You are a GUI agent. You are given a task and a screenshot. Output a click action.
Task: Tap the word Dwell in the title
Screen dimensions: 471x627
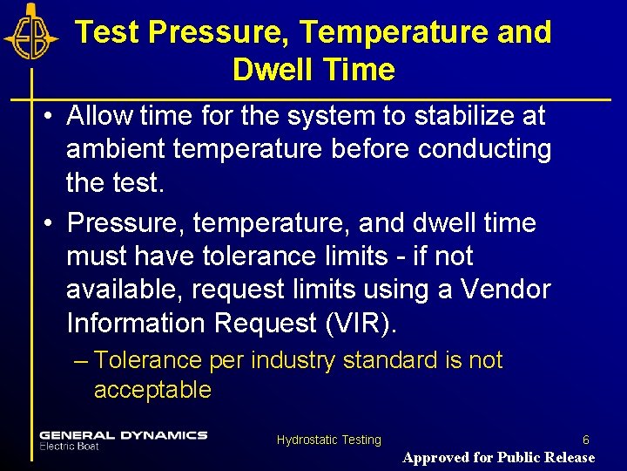[271, 70]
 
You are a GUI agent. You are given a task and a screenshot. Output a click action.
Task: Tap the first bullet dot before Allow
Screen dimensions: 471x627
[51, 116]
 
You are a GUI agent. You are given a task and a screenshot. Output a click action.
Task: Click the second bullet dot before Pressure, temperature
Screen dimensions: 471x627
[51, 224]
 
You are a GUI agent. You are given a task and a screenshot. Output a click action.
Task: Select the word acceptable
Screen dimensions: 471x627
[152, 390]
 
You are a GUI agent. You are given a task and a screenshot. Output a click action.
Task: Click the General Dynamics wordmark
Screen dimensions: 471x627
[123, 435]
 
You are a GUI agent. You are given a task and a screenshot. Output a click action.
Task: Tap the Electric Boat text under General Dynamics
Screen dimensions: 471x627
[69, 447]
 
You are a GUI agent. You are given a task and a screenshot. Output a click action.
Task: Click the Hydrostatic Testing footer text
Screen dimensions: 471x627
[328, 440]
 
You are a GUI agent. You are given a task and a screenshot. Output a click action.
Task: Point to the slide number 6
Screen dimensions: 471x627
[585, 440]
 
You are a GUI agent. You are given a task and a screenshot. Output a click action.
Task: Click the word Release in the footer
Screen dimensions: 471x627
[566, 457]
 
